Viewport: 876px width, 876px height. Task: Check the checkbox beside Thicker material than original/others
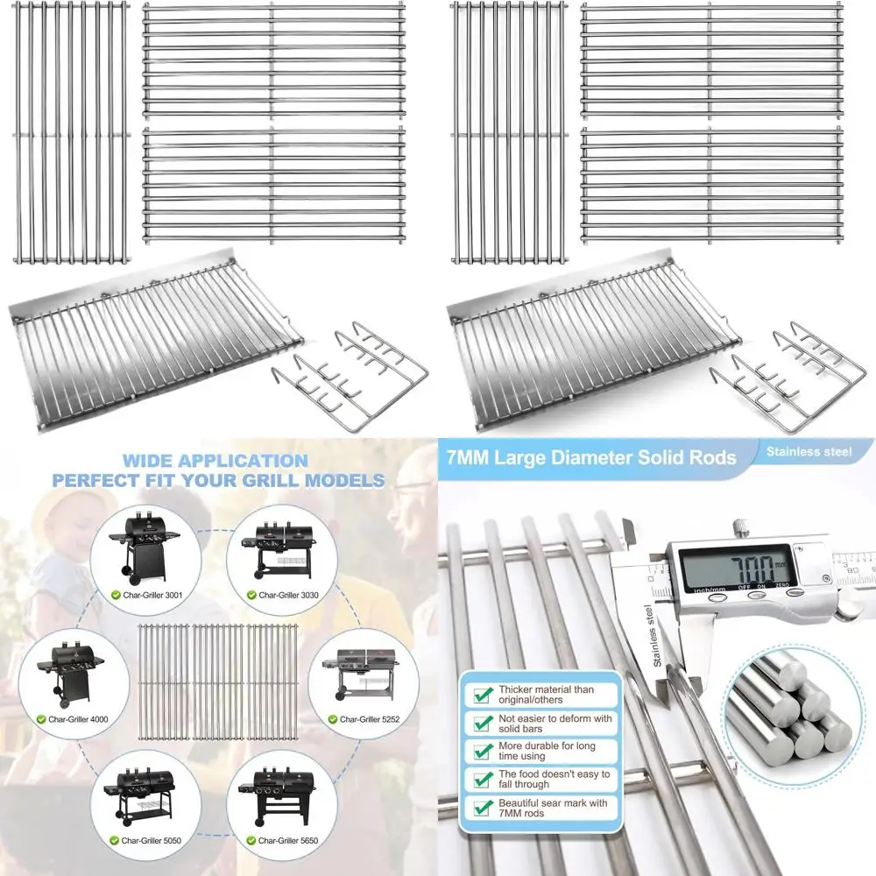coord(482,695)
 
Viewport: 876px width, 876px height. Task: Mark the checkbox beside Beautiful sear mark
coord(482,807)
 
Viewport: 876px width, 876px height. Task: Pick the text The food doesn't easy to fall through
coord(554,779)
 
